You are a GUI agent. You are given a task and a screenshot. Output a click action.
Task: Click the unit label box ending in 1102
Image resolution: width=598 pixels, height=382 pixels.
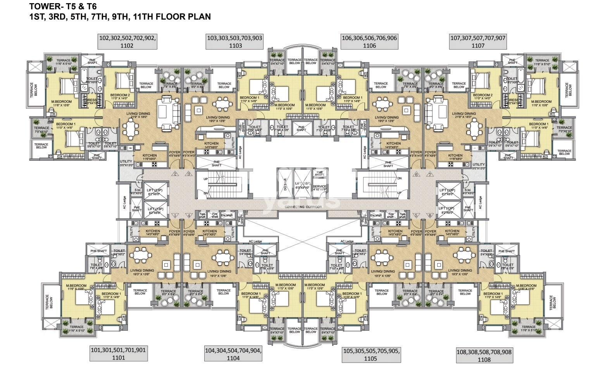coord(127,42)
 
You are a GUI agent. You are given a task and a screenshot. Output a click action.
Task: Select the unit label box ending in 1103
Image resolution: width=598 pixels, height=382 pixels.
coord(235,42)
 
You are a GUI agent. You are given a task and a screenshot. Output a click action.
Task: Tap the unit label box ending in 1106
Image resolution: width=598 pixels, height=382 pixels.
coord(369,42)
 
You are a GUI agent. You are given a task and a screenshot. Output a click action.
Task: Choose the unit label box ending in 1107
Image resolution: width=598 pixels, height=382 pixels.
coord(478,42)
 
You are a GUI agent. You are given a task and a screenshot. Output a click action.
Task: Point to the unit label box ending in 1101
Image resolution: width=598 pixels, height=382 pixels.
coord(118,354)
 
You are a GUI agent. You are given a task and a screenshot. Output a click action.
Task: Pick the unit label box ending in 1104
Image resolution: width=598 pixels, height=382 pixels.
coord(233,354)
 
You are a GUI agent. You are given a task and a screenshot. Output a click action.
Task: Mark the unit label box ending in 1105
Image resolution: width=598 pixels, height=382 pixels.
coord(371,354)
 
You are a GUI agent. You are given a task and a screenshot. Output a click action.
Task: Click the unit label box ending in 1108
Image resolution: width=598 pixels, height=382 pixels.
coord(484,356)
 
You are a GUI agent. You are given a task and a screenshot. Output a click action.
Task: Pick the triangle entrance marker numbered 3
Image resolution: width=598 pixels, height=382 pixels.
coord(189,174)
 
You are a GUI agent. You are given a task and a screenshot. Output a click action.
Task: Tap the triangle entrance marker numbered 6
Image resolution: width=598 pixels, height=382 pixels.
coord(416,174)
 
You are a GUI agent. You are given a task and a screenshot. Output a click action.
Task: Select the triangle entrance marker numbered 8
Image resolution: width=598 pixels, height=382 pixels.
coord(429,216)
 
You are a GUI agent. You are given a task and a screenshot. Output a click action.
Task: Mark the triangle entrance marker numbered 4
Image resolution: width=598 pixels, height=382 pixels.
coord(189,216)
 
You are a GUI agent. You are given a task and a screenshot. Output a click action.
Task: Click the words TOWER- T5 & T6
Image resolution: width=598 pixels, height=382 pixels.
coord(63,7)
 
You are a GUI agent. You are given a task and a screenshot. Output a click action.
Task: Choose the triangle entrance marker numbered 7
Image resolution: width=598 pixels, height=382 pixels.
coord(429,174)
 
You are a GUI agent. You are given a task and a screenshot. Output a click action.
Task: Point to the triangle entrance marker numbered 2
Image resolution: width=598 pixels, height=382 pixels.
coord(175,174)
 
